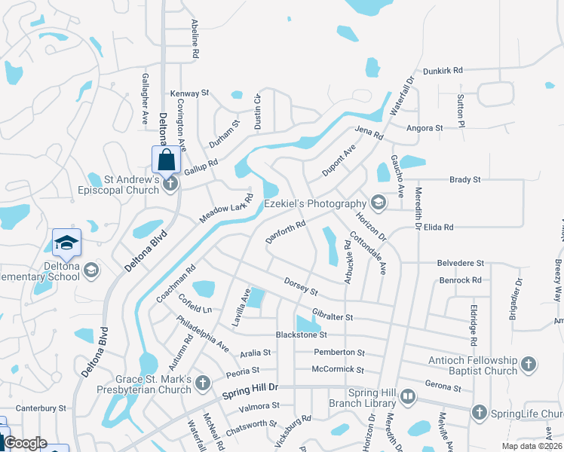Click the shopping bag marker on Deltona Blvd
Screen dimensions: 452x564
pyautogui.click(x=166, y=159)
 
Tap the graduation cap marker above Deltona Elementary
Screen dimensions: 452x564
pyautogui.click(x=66, y=242)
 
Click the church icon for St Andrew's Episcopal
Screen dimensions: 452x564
pyautogui.click(x=170, y=183)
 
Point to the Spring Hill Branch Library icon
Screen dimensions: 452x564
pyautogui.click(x=407, y=395)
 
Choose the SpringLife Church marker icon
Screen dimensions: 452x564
pyautogui.click(x=478, y=412)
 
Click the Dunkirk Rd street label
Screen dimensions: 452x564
pyautogui.click(x=442, y=70)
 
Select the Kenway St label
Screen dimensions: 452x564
pyautogui.click(x=189, y=93)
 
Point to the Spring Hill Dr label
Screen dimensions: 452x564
pyautogui.click(x=251, y=392)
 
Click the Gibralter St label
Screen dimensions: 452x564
pyautogui.click(x=333, y=317)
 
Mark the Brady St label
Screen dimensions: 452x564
pyautogui.click(x=464, y=180)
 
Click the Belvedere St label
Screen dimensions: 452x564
pyautogui.click(x=460, y=263)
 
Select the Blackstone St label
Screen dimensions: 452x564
pyautogui.click(x=301, y=334)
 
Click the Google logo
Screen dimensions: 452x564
pyautogui.click(x=25, y=443)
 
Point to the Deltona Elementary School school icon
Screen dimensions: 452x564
pyautogui.click(x=91, y=270)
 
